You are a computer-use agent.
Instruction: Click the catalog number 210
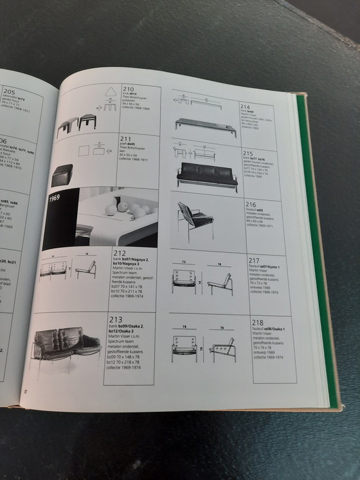pos(128,90)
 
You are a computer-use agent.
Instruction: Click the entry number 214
pos(245,106)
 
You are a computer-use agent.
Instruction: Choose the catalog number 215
pos(248,153)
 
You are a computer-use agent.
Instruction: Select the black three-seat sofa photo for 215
pos(206,172)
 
